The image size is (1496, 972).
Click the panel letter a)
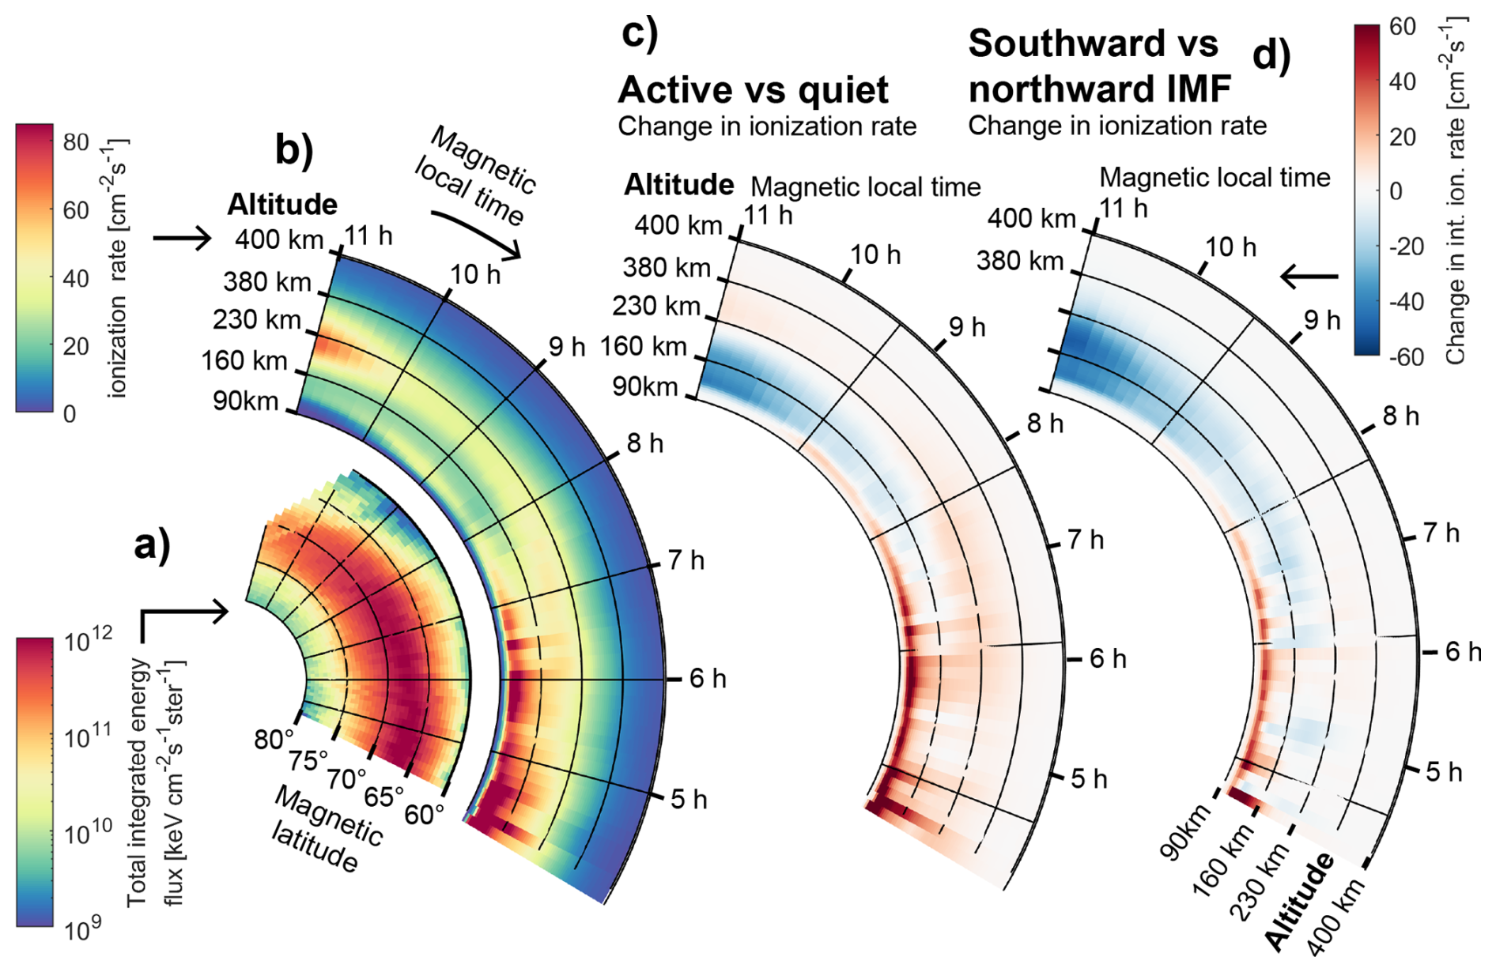(152, 545)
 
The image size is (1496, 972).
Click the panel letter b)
(293, 148)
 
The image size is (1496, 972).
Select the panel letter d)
(1271, 55)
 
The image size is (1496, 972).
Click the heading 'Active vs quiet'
(753, 90)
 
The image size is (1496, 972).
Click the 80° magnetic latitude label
(274, 740)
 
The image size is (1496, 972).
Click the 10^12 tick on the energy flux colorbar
(88, 639)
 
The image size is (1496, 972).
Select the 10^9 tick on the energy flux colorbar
(84, 929)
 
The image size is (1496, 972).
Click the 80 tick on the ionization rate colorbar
(76, 142)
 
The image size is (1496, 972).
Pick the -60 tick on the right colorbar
(1407, 357)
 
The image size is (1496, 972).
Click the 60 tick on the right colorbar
(1402, 27)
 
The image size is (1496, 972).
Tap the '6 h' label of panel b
(708, 678)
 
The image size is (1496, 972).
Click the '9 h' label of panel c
(967, 327)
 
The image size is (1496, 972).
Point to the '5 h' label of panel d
(1444, 772)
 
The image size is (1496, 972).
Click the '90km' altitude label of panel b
(246, 401)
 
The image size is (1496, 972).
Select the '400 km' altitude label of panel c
(678, 226)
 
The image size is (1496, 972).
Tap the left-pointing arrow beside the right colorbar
(1309, 277)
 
